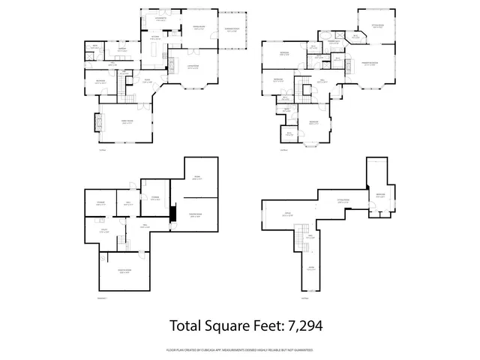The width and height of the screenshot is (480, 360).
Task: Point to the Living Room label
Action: pos(193,67)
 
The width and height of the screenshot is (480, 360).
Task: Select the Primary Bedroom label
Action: pos(370,63)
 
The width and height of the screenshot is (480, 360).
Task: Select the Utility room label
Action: pos(106,232)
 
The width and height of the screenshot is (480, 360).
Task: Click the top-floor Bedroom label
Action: pos(381,194)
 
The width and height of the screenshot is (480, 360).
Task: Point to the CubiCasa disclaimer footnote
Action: pos(240,349)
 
